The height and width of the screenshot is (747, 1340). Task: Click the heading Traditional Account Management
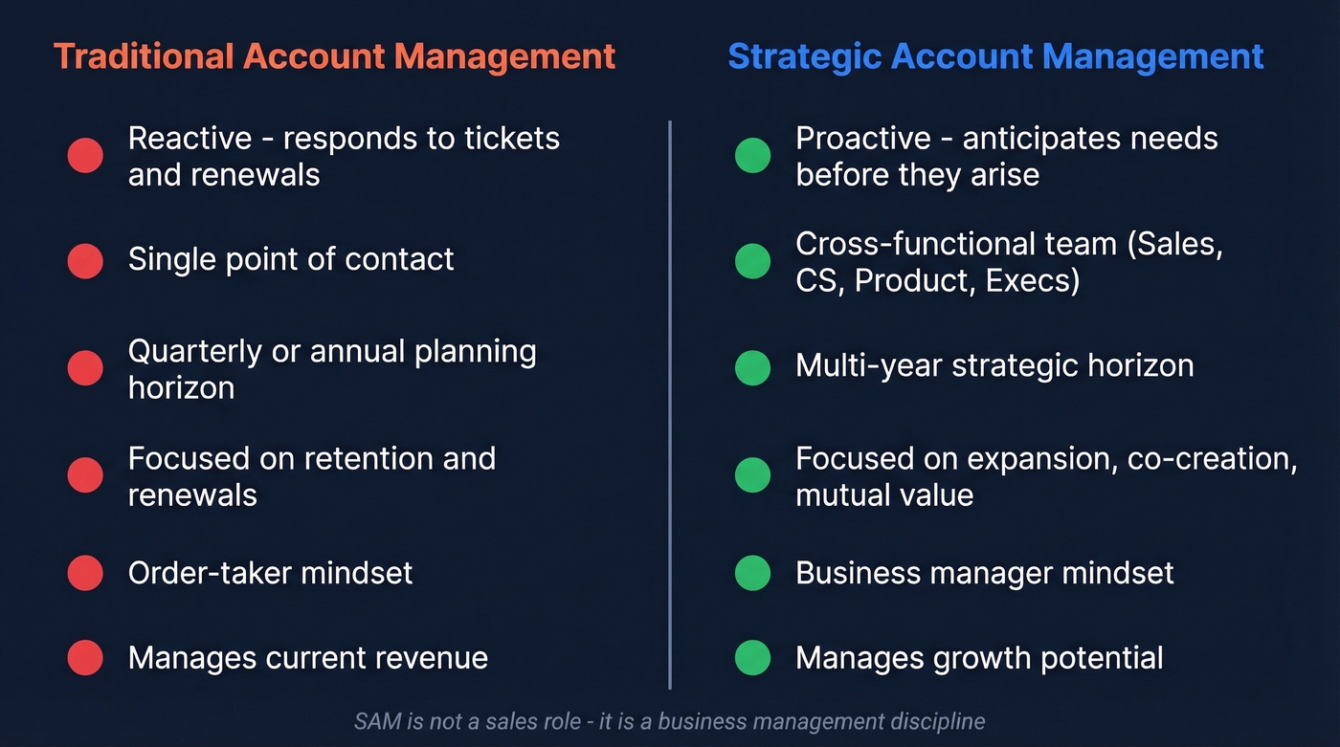(x=334, y=56)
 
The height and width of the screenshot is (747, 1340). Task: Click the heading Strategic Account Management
(x=995, y=56)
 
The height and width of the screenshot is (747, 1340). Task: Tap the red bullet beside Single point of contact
(x=85, y=260)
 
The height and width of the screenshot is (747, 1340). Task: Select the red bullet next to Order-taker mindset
(x=85, y=573)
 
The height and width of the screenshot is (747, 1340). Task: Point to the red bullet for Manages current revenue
(x=85, y=658)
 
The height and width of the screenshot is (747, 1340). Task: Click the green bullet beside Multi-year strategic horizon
(x=752, y=367)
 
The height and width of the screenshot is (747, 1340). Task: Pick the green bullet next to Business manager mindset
(x=752, y=573)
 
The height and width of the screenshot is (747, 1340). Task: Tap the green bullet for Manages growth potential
(x=752, y=658)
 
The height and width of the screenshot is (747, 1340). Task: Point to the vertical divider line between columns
(x=670, y=402)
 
